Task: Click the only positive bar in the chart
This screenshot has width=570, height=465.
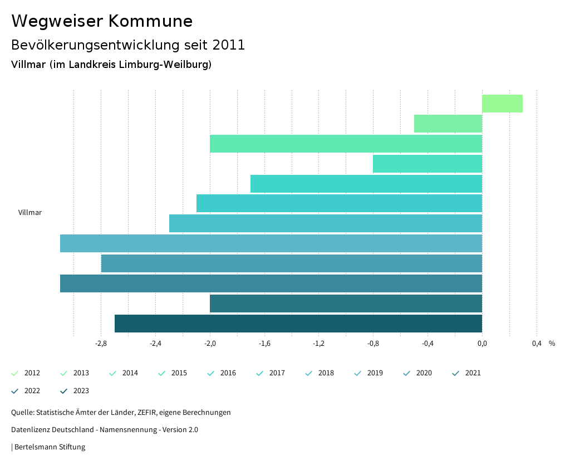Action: click(x=502, y=104)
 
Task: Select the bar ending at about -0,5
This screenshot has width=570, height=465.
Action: click(x=448, y=124)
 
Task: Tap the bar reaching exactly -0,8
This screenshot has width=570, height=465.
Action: click(x=427, y=164)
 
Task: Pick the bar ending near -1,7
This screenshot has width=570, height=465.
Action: click(x=366, y=184)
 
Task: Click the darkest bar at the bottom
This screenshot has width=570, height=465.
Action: click(x=298, y=324)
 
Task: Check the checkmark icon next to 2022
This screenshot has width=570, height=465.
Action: click(x=15, y=391)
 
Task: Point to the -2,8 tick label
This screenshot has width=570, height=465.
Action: click(x=101, y=344)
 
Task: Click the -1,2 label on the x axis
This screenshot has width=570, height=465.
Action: click(x=318, y=344)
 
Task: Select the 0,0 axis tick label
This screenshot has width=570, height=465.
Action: click(x=482, y=344)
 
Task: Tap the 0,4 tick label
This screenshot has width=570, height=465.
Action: click(x=537, y=344)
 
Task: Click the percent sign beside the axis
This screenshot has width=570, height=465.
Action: click(x=552, y=344)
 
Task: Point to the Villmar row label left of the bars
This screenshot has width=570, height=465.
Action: click(x=30, y=212)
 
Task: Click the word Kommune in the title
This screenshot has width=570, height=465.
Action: click(x=150, y=21)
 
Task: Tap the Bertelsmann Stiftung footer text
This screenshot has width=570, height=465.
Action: click(x=50, y=447)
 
